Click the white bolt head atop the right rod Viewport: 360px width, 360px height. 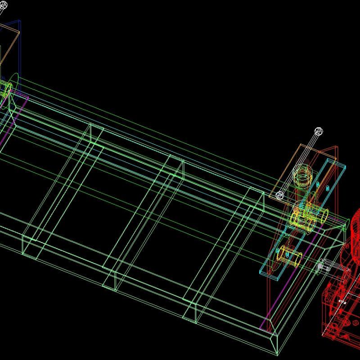pos(319,131)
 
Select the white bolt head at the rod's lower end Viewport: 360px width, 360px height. pos(279,195)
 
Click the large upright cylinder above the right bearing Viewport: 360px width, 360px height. pos(302,176)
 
